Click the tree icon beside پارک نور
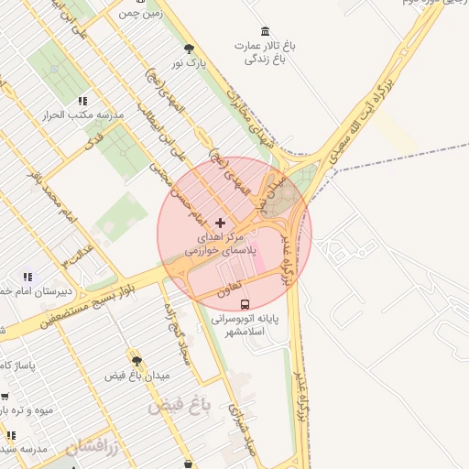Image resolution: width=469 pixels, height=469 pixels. click(x=190, y=49)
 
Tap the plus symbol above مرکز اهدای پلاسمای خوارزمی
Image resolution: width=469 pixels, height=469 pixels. click(x=220, y=223)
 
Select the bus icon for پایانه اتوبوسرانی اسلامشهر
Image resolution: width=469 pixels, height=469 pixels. click(x=245, y=304)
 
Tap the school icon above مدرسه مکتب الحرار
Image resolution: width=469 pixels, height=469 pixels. click(x=82, y=102)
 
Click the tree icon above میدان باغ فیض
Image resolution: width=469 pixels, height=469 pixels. click(x=136, y=362)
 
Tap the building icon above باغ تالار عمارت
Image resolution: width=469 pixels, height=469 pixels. click(x=266, y=32)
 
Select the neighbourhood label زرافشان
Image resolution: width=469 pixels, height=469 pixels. click(x=93, y=446)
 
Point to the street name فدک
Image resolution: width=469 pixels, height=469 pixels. click(x=96, y=138)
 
